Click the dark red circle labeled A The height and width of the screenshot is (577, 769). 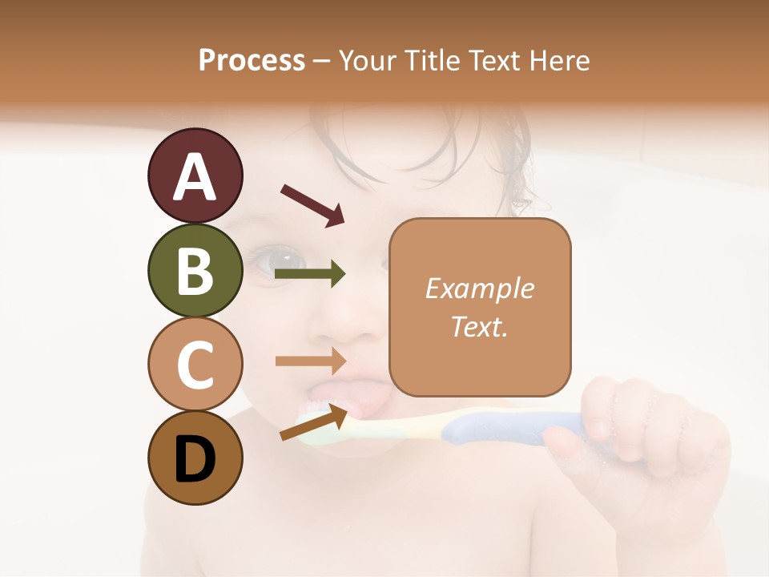pos(195,176)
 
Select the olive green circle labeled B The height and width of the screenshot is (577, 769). pos(195,270)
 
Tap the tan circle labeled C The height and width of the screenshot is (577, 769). pos(195,365)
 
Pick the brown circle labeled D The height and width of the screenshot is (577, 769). pos(195,458)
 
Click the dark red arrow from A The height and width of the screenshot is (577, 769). pos(312,204)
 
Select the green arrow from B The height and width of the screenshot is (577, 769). pos(310,274)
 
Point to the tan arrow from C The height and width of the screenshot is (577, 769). pos(310,361)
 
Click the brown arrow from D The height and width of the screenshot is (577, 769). pos(313,423)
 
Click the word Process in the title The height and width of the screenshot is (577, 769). pos(252,60)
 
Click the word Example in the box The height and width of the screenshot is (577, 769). pos(479,288)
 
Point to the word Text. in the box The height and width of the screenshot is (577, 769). pos(479,326)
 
